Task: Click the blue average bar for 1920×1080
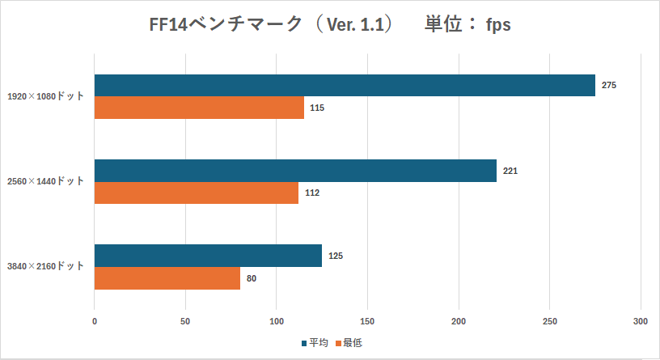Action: point(345,86)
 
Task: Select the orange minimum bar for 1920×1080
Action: point(199,108)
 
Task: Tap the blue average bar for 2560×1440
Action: point(295,171)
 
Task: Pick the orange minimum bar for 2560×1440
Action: point(197,193)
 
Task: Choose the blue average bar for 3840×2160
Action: point(208,256)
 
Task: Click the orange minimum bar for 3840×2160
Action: point(167,277)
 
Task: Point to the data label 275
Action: point(609,86)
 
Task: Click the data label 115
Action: point(317,108)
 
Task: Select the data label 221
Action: point(510,171)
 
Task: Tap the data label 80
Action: point(252,277)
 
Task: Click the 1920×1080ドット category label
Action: point(45,96)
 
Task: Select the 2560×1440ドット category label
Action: point(45,181)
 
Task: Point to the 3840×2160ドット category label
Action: point(45,266)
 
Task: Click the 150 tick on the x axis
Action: point(368,321)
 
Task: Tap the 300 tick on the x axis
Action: point(641,321)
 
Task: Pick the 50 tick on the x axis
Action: point(186,321)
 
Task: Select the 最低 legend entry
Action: point(352,343)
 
